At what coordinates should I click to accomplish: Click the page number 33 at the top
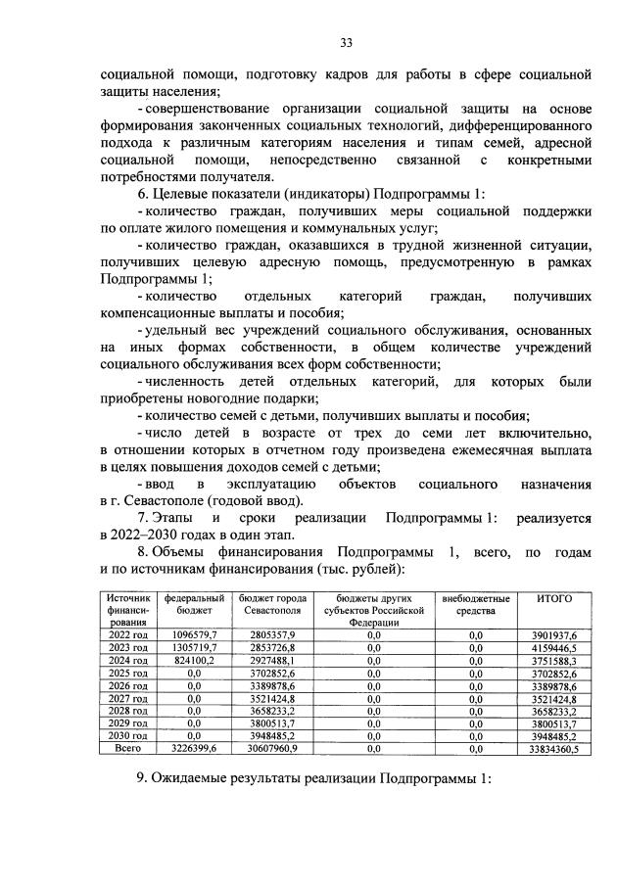point(346,41)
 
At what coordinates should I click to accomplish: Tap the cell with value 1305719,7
point(195,647)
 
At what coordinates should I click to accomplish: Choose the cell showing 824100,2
point(195,660)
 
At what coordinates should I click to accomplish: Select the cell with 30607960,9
point(268,749)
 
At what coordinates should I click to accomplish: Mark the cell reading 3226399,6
point(195,749)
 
